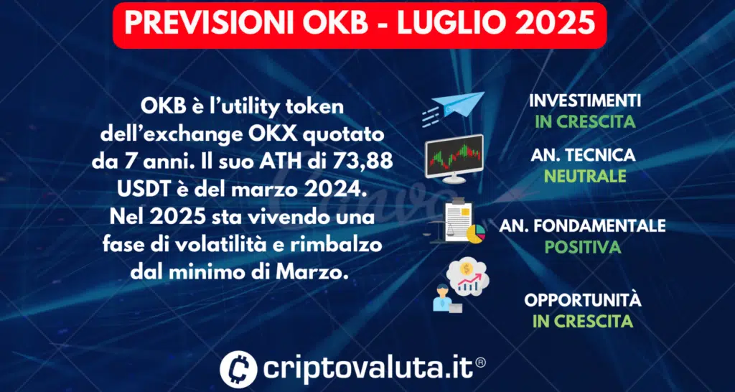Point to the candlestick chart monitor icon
[454, 159]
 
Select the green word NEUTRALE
[586, 177]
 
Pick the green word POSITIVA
[581, 247]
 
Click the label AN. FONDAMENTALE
[582, 225]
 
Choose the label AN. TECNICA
[583, 155]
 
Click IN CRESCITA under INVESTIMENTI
[586, 122]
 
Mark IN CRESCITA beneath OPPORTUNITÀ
[583, 322]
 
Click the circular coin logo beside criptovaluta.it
[238, 368]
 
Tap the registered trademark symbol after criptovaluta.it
[480, 363]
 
